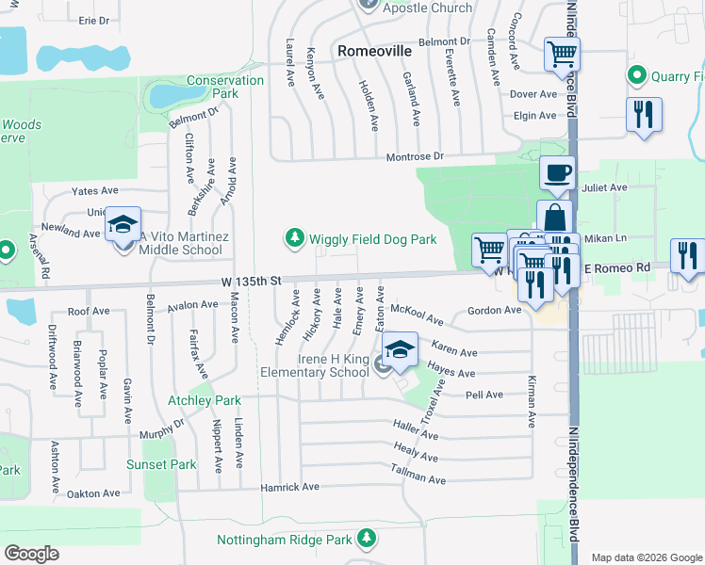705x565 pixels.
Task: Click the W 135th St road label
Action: pos(252,281)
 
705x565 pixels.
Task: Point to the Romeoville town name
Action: pos(375,49)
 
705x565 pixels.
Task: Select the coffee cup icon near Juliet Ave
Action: pos(557,173)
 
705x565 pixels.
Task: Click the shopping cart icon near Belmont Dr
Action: pos(562,54)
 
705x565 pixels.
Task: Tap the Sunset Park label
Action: pos(161,464)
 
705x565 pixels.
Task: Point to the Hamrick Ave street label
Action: pos(290,487)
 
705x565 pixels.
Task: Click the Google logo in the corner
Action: pos(31,554)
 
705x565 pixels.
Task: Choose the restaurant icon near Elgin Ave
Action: pos(644,115)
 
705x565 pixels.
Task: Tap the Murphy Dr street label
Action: pos(139,429)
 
